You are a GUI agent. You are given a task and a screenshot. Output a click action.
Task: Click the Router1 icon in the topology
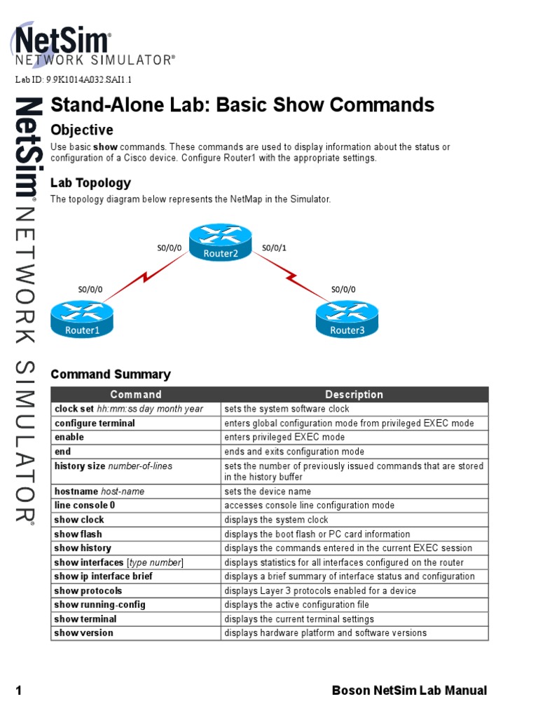(82, 319)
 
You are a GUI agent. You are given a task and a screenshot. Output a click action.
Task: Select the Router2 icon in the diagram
(220, 243)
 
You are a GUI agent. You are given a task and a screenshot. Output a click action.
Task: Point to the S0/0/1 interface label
(274, 248)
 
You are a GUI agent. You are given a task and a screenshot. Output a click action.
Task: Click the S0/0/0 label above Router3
(343, 289)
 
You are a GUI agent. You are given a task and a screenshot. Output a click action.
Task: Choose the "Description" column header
(354, 395)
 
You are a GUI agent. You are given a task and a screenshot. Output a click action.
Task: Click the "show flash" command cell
(78, 534)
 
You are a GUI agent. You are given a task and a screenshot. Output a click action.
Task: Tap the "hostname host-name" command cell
(99, 492)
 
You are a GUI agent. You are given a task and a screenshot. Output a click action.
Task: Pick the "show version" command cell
(83, 633)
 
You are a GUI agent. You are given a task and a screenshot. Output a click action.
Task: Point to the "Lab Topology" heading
(90, 183)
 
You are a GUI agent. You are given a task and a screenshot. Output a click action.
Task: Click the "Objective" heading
(81, 130)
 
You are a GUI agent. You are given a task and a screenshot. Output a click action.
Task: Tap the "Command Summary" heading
(110, 374)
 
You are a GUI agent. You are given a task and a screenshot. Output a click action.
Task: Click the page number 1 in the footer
(19, 691)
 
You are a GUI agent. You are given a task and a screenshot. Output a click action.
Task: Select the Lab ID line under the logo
(74, 79)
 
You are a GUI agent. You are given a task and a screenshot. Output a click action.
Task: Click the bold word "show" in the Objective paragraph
(105, 147)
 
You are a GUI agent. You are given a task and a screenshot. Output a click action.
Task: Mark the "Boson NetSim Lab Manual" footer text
(409, 691)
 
